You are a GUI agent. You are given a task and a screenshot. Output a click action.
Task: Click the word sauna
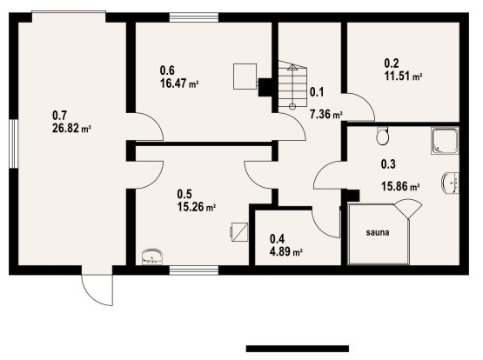click(378, 232)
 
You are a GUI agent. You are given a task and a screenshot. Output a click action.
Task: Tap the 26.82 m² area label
click(71, 129)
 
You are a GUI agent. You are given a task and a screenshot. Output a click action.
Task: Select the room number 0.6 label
click(167, 70)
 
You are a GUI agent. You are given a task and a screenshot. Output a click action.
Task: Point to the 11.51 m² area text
click(403, 76)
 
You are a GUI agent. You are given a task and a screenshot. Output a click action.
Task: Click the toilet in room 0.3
click(382, 136)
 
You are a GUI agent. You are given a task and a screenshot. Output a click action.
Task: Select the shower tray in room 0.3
click(445, 141)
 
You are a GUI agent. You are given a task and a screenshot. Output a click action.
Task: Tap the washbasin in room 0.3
click(451, 183)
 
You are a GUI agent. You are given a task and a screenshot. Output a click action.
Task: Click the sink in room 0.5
click(151, 257)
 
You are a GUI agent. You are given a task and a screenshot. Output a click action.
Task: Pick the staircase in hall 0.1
click(293, 84)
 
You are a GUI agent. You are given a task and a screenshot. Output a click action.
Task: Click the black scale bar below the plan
click(298, 349)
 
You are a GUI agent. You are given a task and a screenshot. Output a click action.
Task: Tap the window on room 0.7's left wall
click(14, 143)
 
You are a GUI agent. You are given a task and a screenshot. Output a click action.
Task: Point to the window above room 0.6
click(194, 17)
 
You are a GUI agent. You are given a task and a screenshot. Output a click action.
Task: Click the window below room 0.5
click(194, 270)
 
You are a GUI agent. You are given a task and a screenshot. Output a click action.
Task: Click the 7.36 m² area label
click(326, 115)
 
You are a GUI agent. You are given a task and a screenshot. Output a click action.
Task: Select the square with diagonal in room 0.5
click(239, 232)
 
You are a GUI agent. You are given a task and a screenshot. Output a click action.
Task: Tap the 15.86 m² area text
click(400, 186)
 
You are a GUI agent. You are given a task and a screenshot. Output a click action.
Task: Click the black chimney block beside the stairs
click(265, 87)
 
